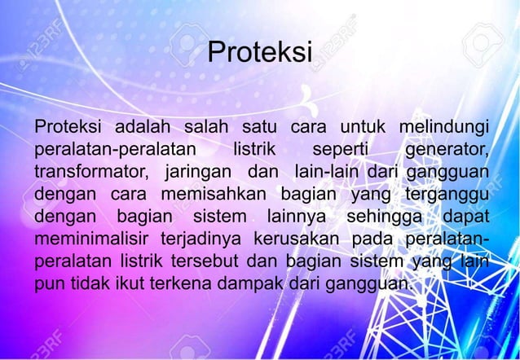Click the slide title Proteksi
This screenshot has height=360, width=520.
tap(260, 53)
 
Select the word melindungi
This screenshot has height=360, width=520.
tap(443, 127)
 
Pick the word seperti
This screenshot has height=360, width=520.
tap(345, 150)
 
